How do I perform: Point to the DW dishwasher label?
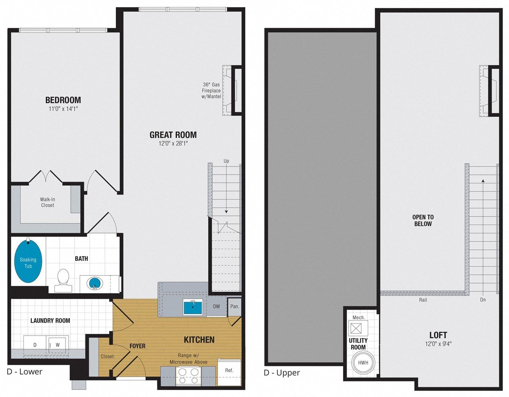point(216,306)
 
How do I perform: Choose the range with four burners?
point(188,376)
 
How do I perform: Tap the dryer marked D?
point(35,345)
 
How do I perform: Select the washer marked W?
point(58,345)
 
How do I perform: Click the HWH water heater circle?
point(363,362)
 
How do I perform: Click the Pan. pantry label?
point(234,306)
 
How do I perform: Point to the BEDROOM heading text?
point(63,100)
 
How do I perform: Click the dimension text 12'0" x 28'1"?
point(173,143)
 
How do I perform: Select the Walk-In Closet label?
point(48,202)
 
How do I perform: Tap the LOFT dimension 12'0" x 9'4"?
point(438,344)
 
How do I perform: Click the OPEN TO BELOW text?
point(423,220)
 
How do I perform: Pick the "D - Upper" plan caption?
point(282,373)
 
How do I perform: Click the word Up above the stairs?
point(226,161)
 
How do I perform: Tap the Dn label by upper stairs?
point(483,300)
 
